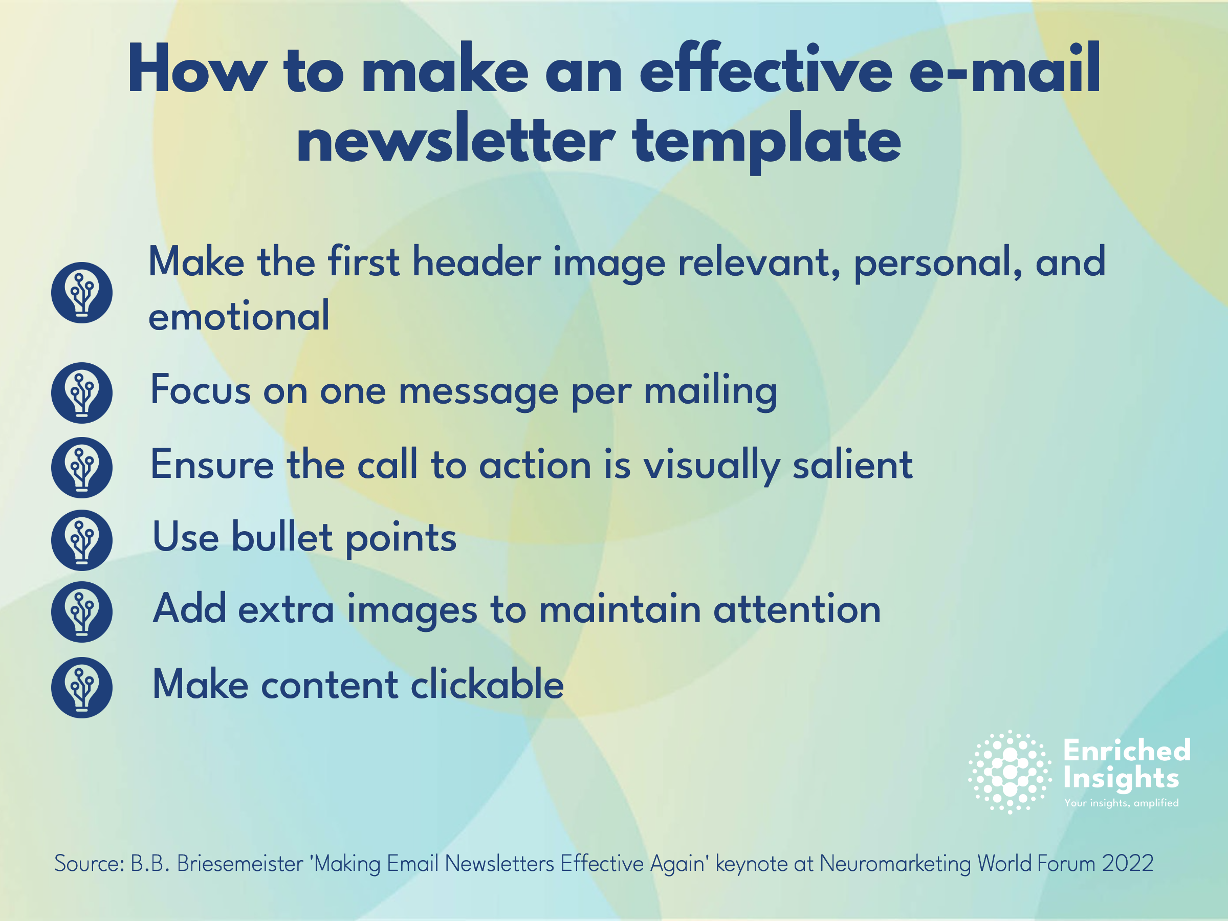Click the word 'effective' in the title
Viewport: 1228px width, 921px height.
(x=766, y=70)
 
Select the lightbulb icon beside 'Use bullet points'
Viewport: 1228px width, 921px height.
(x=81, y=540)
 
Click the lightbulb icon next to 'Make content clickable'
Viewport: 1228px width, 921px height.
(x=81, y=687)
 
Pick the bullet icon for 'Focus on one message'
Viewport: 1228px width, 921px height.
(x=81, y=393)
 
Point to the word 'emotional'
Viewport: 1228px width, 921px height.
(x=239, y=315)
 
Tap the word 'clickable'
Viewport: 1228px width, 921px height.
(x=488, y=684)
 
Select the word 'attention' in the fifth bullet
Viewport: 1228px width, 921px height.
(x=797, y=609)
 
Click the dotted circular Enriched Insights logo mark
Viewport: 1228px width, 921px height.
(x=1010, y=772)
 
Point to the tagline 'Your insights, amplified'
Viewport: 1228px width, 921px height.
(x=1122, y=803)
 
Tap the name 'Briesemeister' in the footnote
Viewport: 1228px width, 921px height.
(x=240, y=863)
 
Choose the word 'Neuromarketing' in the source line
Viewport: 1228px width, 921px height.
(x=895, y=864)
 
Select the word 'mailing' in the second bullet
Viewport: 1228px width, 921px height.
(x=711, y=391)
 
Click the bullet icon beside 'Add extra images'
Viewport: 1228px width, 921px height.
(x=81, y=612)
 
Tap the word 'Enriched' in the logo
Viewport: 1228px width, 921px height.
(x=1128, y=750)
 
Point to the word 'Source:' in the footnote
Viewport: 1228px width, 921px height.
(x=89, y=863)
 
